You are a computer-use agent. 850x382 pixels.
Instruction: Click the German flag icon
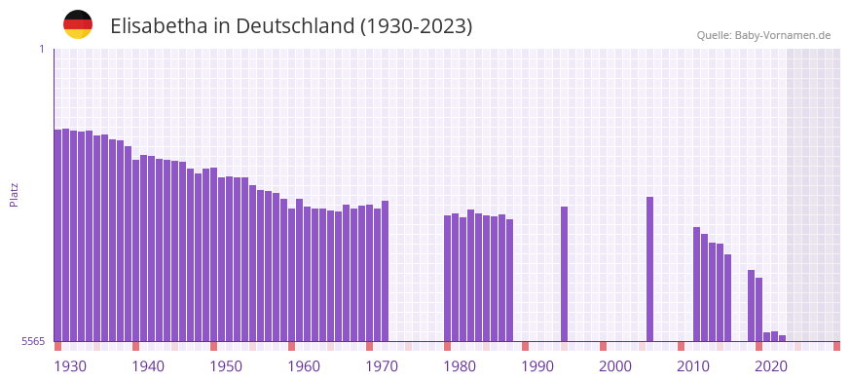78,25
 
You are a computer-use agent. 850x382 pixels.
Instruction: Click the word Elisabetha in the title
160,26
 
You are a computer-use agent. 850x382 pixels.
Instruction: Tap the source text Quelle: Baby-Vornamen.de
763,35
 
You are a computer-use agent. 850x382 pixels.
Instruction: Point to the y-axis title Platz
15,195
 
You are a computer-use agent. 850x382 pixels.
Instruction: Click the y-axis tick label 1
42,49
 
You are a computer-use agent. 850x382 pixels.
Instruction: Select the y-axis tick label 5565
33,341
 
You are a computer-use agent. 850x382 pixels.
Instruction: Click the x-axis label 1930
70,366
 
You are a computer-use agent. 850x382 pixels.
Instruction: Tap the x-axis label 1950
226,366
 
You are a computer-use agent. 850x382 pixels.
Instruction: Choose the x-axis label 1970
382,366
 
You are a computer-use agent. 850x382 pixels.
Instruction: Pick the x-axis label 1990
537,366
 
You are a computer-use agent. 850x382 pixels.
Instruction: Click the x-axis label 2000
615,366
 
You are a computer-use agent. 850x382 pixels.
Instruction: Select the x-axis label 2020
771,366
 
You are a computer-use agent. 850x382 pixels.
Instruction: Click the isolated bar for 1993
564,274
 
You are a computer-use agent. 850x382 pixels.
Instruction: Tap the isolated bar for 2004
649,269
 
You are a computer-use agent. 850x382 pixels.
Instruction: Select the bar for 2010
696,284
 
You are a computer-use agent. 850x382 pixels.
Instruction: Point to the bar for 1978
447,278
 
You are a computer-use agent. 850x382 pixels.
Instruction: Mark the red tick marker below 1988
525,346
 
